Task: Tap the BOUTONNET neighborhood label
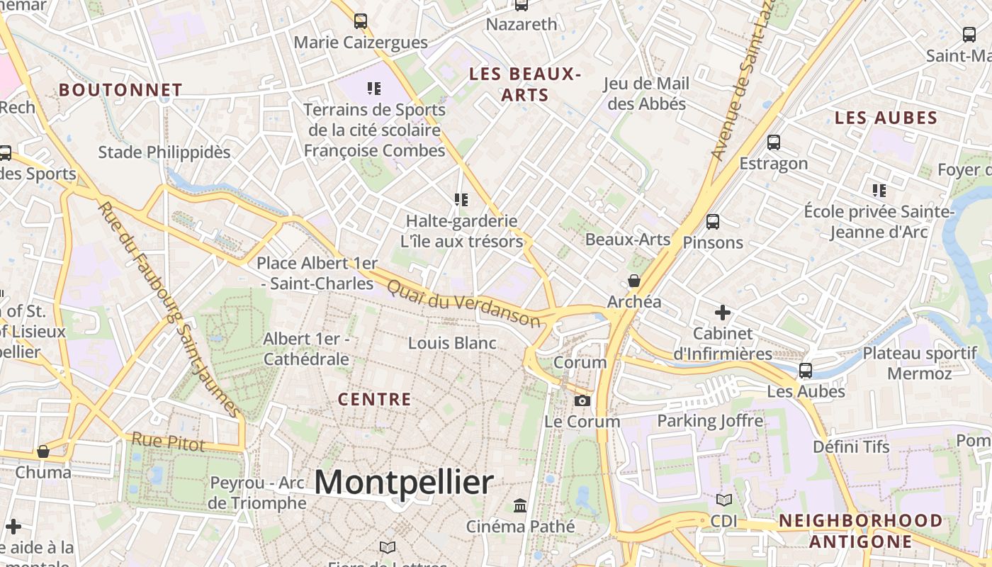120,90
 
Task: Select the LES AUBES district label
886,118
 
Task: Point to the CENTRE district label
374,399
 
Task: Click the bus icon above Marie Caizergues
361,21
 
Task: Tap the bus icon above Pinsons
713,221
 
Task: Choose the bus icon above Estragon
774,142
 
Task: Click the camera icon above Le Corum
582,401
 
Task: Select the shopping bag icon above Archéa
634,281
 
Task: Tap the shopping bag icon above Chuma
43,451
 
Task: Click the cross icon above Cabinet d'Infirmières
722,312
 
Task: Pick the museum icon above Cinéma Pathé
520,505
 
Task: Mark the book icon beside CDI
723,500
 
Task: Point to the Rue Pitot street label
169,442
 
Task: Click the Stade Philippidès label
164,152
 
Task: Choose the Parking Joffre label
710,421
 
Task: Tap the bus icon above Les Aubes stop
806,371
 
